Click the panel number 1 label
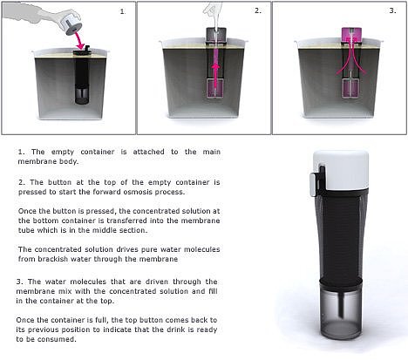(x=122, y=11)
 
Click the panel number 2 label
(x=258, y=10)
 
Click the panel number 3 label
(x=392, y=10)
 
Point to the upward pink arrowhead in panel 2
(x=215, y=67)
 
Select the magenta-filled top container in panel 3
(x=351, y=35)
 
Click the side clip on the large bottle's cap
(x=316, y=184)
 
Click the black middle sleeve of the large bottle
(x=341, y=237)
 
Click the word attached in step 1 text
(x=148, y=152)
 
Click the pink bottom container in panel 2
(x=215, y=89)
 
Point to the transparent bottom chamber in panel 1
(x=82, y=95)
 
